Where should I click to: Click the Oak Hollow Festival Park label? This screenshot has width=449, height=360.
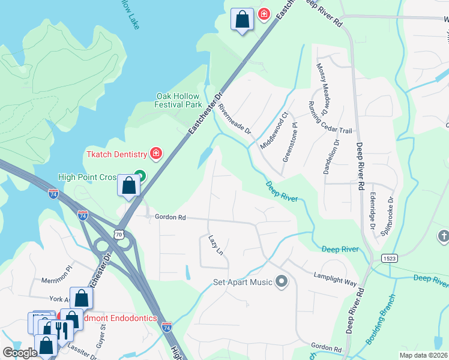179,100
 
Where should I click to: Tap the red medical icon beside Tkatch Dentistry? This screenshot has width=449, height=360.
156,154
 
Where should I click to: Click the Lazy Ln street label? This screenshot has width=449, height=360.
215,245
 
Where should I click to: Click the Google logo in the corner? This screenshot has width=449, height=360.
20,353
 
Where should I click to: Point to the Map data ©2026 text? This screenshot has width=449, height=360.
423,355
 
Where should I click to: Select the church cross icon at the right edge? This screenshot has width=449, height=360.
444,236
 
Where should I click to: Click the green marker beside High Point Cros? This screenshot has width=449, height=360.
140,176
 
